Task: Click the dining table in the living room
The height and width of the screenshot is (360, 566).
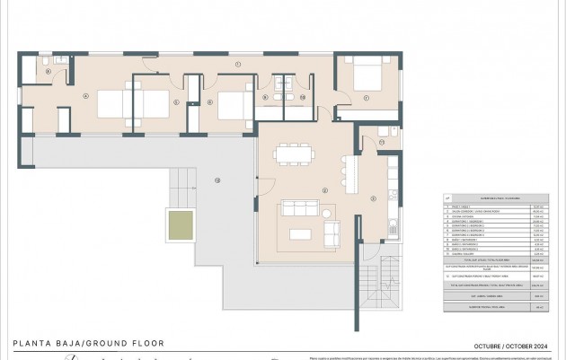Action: pos(289,155)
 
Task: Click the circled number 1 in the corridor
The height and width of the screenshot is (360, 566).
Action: pos(237,66)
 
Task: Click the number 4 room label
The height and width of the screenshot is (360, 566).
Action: pos(85,95)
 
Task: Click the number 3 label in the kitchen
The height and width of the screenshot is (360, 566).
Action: pos(372,199)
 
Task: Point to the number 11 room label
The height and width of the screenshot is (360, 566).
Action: pos(381,142)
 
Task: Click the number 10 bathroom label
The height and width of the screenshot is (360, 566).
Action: pos(303,96)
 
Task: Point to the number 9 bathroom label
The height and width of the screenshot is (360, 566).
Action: pos(266,97)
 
